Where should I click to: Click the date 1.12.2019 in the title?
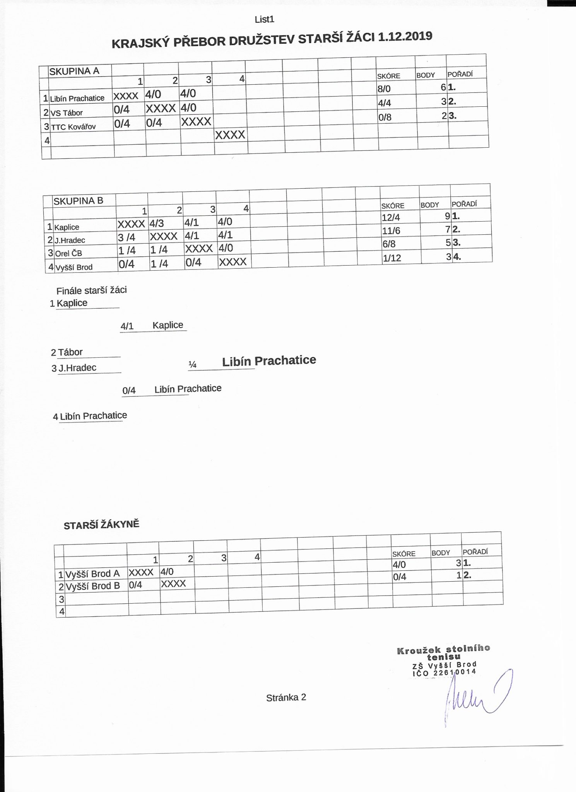(405, 37)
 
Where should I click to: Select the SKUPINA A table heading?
(74, 71)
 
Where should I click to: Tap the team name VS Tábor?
(67, 113)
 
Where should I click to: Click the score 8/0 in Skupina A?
(384, 89)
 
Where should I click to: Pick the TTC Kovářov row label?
(73, 127)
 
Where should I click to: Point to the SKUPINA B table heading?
(78, 201)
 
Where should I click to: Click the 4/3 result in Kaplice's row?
(157, 223)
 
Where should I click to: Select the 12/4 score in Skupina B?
(391, 217)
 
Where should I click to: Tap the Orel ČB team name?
(69, 254)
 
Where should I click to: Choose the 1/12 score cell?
(392, 258)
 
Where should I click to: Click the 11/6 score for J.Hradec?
(391, 231)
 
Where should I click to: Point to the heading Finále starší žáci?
(91, 290)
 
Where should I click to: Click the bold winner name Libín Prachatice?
(269, 361)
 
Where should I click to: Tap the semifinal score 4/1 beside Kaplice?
(127, 326)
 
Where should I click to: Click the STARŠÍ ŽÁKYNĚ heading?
(101, 525)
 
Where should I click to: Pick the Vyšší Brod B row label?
(92, 586)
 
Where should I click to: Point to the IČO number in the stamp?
(444, 673)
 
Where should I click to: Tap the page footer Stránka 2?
(286, 698)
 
